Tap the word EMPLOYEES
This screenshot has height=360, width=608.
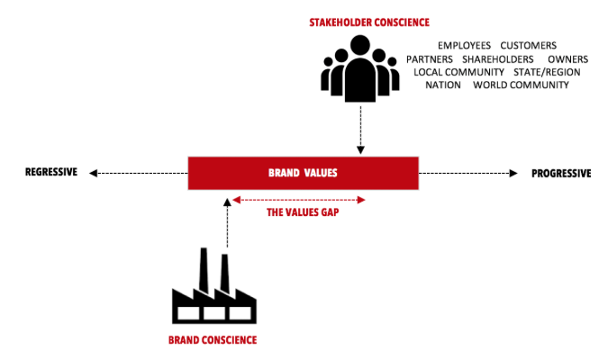coord(465,45)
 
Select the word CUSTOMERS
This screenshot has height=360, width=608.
coord(529,45)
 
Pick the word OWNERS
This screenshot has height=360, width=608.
coord(567,58)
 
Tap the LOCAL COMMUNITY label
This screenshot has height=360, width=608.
coord(459,72)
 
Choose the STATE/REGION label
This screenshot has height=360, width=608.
coord(548,72)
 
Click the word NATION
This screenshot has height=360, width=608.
coord(443,85)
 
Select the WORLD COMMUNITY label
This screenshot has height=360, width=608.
coord(522,85)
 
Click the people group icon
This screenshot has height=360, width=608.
coord(360,67)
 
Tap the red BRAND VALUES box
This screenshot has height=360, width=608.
coord(303,173)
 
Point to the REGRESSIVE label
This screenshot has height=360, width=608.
coord(51,173)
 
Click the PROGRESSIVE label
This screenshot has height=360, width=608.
coord(560,173)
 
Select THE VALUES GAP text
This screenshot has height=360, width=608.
coord(298,214)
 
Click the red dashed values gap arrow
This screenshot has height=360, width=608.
coord(298,199)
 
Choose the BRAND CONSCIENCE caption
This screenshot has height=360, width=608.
coord(213,340)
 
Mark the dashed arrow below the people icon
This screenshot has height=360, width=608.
coord(360,130)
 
